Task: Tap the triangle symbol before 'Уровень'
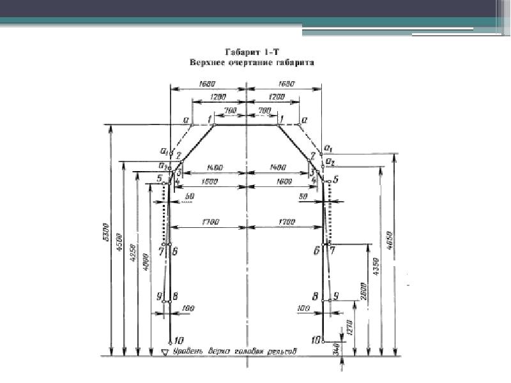(165, 352)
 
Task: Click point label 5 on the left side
(158, 179)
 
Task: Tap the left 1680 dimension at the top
(208, 83)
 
